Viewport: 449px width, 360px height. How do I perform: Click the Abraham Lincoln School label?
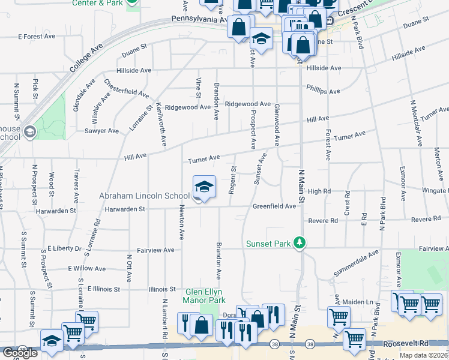[144, 196]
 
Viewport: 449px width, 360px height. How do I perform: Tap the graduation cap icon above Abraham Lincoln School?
[204, 187]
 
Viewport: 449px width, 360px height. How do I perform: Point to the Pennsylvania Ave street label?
[188, 19]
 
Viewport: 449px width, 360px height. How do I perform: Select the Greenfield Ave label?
[274, 206]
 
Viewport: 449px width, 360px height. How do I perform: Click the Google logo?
[20, 353]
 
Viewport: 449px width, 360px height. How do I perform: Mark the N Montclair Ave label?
[413, 122]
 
